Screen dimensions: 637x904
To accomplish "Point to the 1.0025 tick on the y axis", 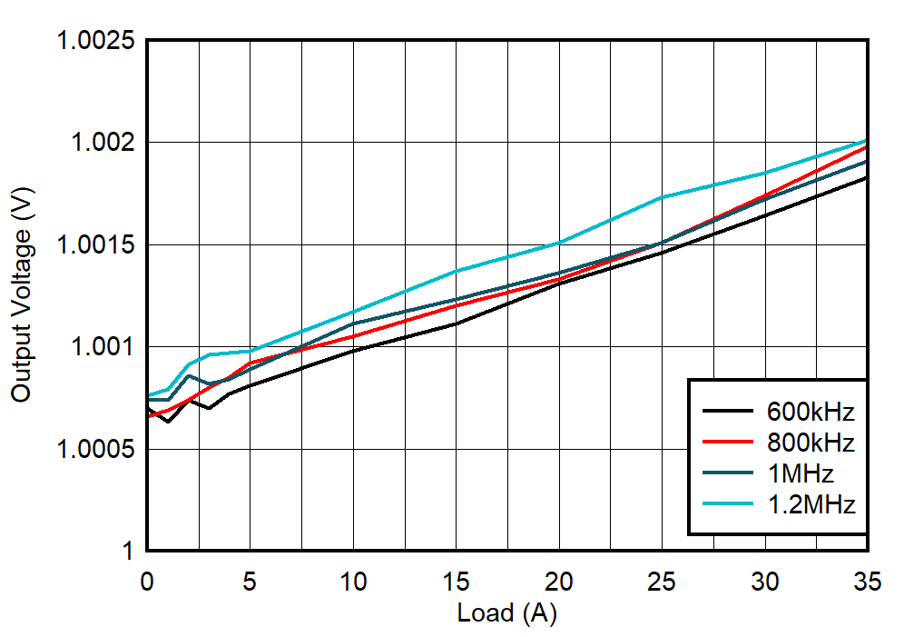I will pyautogui.click(x=95, y=42).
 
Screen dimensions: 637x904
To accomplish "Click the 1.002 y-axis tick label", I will pyautogui.click(x=102, y=144).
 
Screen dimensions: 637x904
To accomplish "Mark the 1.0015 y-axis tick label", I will pyautogui.click(x=95, y=245).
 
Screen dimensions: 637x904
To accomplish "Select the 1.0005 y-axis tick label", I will pyautogui.click(x=95, y=450).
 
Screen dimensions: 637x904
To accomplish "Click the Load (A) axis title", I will pyautogui.click(x=506, y=614).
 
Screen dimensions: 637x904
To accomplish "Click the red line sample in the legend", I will pyautogui.click(x=724, y=443).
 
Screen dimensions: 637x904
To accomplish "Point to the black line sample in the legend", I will pyautogui.click(x=724, y=412).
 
